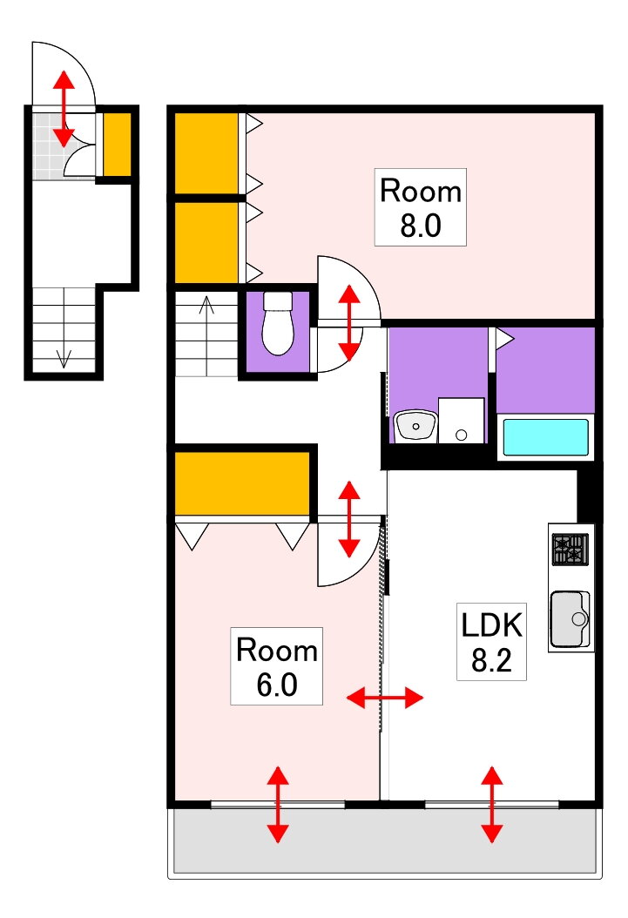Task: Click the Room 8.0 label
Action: [x=420, y=207]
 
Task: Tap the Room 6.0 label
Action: [x=276, y=666]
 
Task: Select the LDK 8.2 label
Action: [x=491, y=642]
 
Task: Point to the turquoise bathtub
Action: [x=545, y=436]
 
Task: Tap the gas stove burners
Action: [x=570, y=550]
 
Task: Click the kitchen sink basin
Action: [x=569, y=618]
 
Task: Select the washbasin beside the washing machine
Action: [x=415, y=426]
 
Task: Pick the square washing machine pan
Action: [x=461, y=421]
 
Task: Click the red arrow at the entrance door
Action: [x=64, y=108]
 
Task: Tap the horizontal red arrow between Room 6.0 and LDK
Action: [x=384, y=698]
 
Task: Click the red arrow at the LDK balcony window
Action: [x=492, y=805]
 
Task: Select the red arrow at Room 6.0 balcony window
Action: [x=278, y=805]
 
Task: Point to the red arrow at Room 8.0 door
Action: [x=349, y=322]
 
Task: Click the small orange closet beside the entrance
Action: [x=117, y=144]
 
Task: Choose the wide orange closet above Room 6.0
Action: [x=242, y=483]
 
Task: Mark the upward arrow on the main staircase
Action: [x=206, y=336]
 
